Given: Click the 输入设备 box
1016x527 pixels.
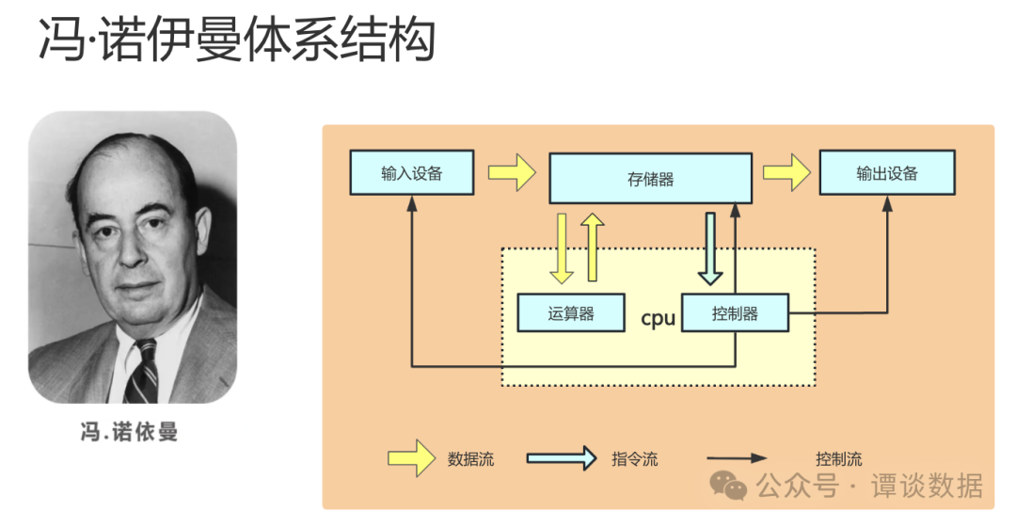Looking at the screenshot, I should tap(411, 173).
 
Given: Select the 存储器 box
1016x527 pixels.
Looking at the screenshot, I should tap(650, 179).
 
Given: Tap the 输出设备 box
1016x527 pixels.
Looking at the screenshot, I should tap(886, 173).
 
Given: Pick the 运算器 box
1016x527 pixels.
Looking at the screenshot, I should tap(571, 313).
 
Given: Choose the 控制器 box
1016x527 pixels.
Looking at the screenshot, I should tap(735, 313).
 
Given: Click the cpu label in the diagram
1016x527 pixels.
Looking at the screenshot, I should tap(658, 318).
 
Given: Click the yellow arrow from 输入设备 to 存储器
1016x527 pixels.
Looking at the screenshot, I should tap(511, 173).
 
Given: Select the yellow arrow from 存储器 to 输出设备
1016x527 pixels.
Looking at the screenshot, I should tap(786, 173).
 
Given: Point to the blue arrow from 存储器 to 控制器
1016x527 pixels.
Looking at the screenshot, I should tap(710, 248).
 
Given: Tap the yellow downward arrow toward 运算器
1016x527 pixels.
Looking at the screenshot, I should tap(562, 248).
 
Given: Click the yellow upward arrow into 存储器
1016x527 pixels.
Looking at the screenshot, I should tap(593, 247).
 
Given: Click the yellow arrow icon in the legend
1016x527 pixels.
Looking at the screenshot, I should tap(412, 459).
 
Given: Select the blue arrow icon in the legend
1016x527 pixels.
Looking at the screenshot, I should tap(561, 459).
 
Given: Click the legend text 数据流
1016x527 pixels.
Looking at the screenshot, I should tap(470, 459).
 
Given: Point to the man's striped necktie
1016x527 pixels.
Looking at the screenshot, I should tap(143, 372).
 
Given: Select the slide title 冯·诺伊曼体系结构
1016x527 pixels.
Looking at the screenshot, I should tap(236, 42).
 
